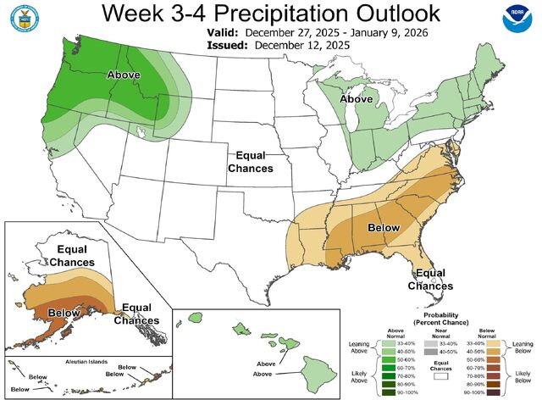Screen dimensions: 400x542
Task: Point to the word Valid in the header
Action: tap(222, 31)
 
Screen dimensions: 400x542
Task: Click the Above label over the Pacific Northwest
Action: tap(124, 75)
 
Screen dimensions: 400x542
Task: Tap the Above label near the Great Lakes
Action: tap(357, 99)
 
